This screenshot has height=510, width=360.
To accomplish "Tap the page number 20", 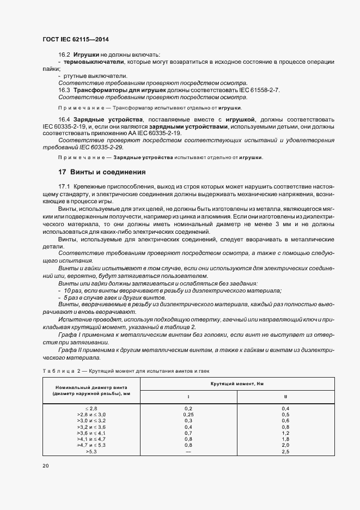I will [45, 466].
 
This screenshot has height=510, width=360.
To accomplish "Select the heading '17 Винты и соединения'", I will [102, 172].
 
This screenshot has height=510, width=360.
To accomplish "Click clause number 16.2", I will [64, 55].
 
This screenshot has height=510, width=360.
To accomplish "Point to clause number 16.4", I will [64, 118].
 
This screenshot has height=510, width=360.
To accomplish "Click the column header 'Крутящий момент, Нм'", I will [237, 384].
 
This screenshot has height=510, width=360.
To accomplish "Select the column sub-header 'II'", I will [285, 397].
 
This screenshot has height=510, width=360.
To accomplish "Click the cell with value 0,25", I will [188, 414].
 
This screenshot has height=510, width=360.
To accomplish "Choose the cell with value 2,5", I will [285, 452].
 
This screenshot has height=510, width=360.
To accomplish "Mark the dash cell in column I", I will [188, 452].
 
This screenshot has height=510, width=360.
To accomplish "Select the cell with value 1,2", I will [285, 433].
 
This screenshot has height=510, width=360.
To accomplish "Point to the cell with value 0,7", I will [188, 433].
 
